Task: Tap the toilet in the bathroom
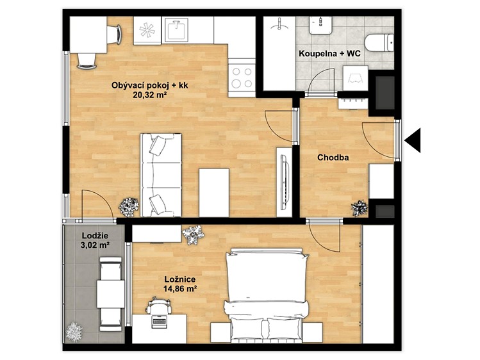pyautogui.click(x=379, y=43)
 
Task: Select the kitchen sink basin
pyautogui.click(x=176, y=29)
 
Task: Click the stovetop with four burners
pyautogui.click(x=242, y=77)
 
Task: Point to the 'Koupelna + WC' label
pyautogui.click(x=329, y=54)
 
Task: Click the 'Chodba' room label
pyautogui.click(x=333, y=158)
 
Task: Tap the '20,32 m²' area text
pyautogui.click(x=150, y=95)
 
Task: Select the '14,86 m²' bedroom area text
pyautogui.click(x=180, y=288)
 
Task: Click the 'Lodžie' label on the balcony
pyautogui.click(x=95, y=236)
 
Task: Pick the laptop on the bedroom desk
pyautogui.click(x=160, y=321)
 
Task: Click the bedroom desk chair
pyautogui.click(x=158, y=306)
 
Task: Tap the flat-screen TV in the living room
pyautogui.click(x=285, y=182)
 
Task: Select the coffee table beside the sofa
pyautogui.click(x=214, y=193)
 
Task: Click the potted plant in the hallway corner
pyautogui.click(x=360, y=208)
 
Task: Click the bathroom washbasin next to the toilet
pyautogui.click(x=320, y=25)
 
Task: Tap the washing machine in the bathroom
pyautogui.click(x=356, y=78)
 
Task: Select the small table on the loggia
pyautogui.click(x=111, y=294)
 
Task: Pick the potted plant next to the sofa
pyautogui.click(x=129, y=207)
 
